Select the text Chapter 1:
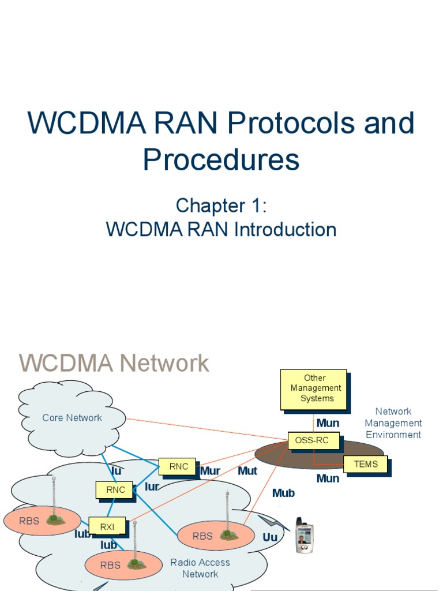(221, 205)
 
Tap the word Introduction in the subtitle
(285, 230)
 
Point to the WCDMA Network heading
(114, 364)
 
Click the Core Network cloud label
(72, 418)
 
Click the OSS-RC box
(312, 440)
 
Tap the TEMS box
(366, 464)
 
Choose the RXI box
(107, 526)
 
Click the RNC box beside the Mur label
(179, 466)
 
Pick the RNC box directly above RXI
(115, 490)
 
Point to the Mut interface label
(247, 471)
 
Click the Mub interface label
(283, 493)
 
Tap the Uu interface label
(270, 537)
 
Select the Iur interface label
(152, 487)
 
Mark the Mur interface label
(211, 471)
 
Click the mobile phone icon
(304, 535)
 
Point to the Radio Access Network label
(200, 568)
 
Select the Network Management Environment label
(393, 423)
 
